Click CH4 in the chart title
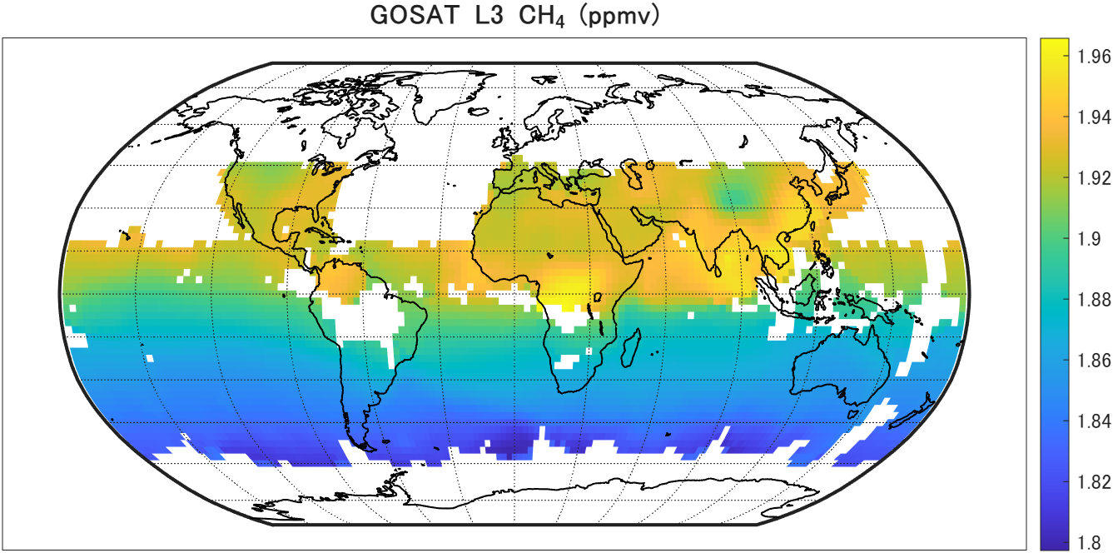tap(543, 17)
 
